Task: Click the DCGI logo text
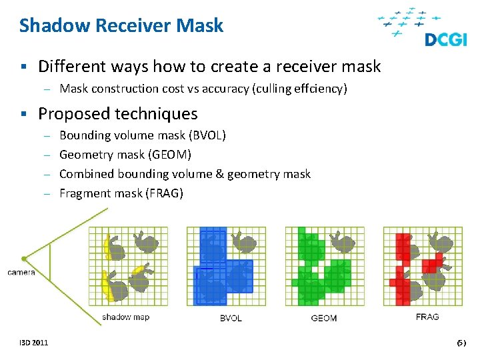[x=446, y=39]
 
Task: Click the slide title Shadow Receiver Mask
[x=121, y=26]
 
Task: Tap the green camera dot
[x=24, y=258]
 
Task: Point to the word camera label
[x=21, y=272]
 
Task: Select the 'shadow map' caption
[x=126, y=317]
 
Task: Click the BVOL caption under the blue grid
[x=231, y=318]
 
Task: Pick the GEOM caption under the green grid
[x=324, y=318]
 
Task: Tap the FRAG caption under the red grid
[x=427, y=317]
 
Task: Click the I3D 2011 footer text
[x=34, y=343]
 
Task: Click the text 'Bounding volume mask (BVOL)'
[x=143, y=135]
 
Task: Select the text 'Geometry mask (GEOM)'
[x=125, y=155]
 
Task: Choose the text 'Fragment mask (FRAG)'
[x=121, y=193]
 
